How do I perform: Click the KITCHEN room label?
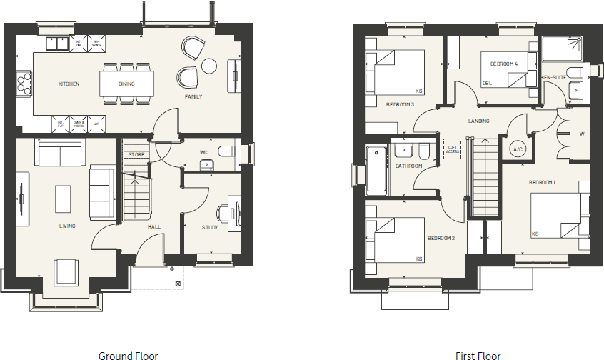(69, 84)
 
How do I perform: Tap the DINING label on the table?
(126, 84)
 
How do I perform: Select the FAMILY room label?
(193, 96)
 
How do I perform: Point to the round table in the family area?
(208, 66)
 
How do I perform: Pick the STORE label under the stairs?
(136, 154)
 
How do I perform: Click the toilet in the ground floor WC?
(225, 152)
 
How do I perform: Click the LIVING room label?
(68, 226)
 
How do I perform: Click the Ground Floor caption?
(128, 355)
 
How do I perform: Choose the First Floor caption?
(478, 355)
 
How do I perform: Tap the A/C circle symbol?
(518, 149)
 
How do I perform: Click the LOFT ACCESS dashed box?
(451, 149)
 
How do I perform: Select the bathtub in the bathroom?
(376, 170)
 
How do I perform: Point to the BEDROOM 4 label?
(503, 64)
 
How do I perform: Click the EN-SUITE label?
(555, 77)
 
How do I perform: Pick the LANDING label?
(478, 121)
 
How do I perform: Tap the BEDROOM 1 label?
(543, 183)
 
